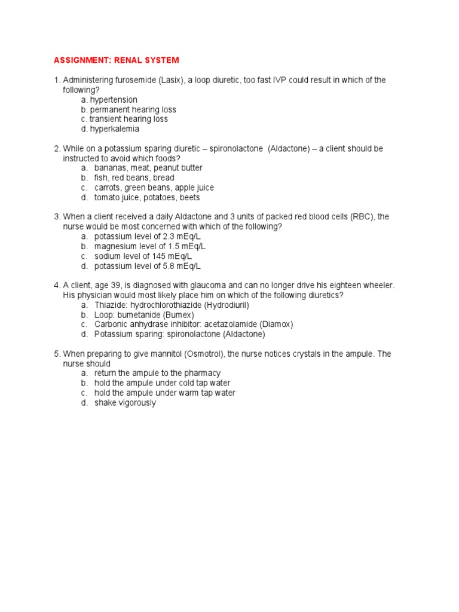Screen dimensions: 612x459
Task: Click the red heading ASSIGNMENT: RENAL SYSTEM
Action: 116,60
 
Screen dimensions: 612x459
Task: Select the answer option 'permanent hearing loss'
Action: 133,109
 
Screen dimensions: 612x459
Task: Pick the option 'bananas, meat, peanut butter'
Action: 148,168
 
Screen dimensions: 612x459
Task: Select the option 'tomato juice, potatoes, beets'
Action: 147,197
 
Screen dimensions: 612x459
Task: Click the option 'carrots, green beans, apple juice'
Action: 154,188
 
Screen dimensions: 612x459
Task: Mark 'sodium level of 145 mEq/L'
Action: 141,256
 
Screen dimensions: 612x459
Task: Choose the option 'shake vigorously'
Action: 125,403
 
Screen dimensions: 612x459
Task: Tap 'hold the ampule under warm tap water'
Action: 164,393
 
